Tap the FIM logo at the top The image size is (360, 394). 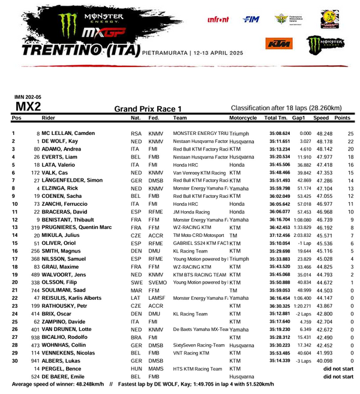pyautogui.click(x=250, y=20)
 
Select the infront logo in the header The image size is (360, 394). pyautogui.click(x=218, y=20)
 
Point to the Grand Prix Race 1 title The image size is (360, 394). pyautogui.click(x=148, y=109)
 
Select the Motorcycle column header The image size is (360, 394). pyautogui.click(x=243, y=118)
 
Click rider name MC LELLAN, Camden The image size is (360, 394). pyautogui.click(x=68, y=133)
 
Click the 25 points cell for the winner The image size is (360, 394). pyautogui.click(x=350, y=133)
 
